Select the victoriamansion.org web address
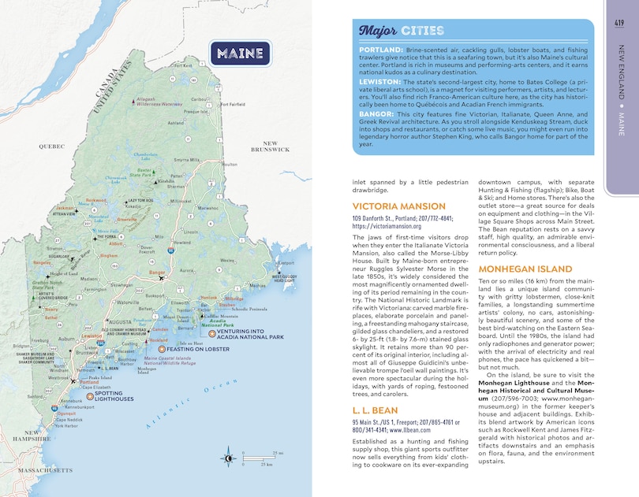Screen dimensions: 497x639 392,224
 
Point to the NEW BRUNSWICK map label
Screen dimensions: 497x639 264,146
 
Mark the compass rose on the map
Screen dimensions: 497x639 227,455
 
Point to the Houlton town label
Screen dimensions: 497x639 230,164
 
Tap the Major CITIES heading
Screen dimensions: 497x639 394,32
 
